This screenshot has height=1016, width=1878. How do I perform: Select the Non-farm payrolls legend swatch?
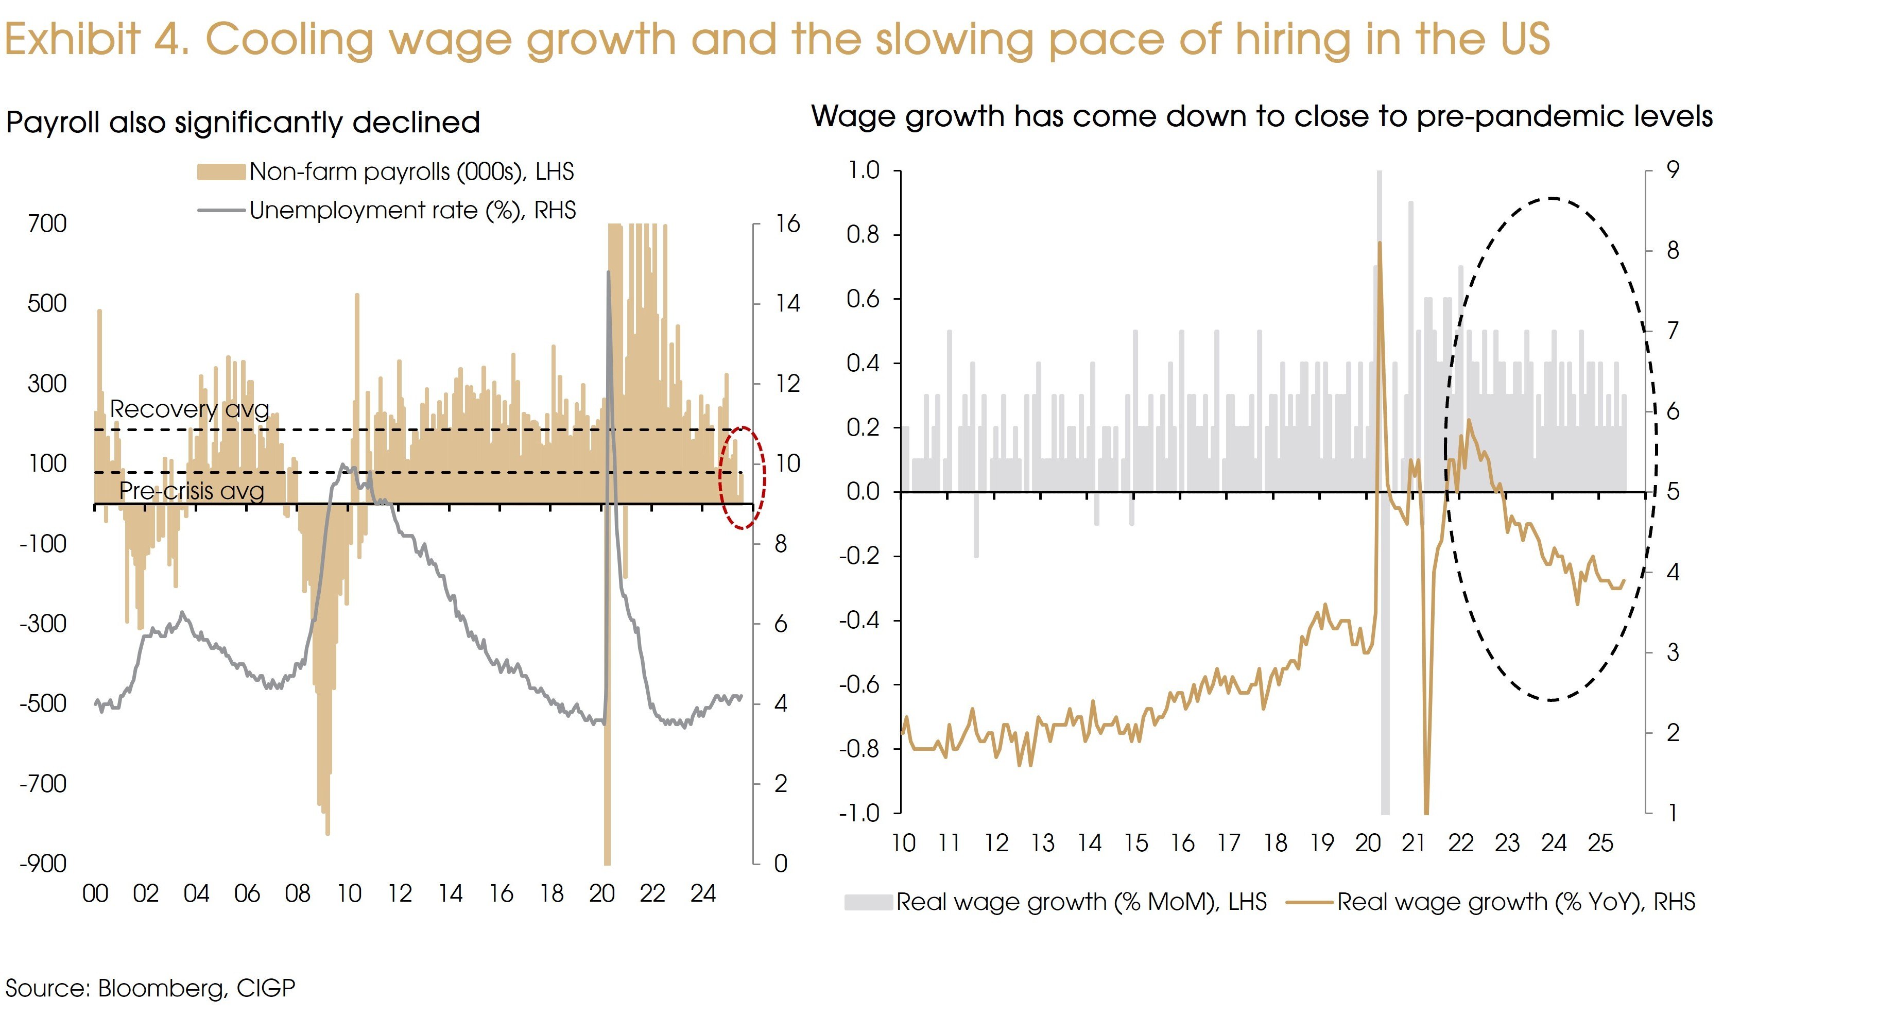(221, 172)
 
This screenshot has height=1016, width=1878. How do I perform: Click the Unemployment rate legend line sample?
(221, 211)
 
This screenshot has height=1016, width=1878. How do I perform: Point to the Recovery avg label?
(189, 409)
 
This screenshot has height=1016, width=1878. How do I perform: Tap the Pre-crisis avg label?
(191, 491)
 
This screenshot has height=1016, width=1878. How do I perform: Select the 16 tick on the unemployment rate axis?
(787, 224)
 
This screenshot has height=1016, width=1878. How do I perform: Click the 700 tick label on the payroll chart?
(47, 224)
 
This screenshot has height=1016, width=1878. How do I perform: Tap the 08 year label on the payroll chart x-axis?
(298, 893)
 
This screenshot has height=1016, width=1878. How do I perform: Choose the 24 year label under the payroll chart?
(703, 893)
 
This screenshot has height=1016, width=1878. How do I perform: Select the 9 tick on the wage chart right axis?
(1673, 170)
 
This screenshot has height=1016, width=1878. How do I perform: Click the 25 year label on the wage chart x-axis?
(1600, 843)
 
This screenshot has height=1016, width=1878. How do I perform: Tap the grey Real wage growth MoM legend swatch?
(868, 902)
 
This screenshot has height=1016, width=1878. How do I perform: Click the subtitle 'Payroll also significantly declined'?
(243, 123)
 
